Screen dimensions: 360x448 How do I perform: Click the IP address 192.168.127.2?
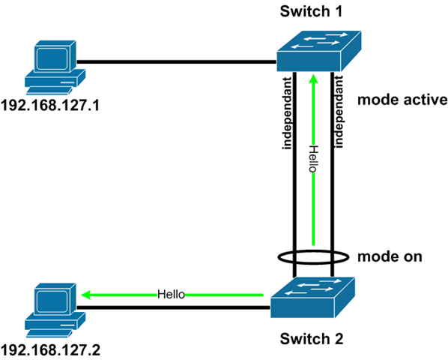pos(52,349)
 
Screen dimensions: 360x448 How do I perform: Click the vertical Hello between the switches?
pos(313,159)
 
